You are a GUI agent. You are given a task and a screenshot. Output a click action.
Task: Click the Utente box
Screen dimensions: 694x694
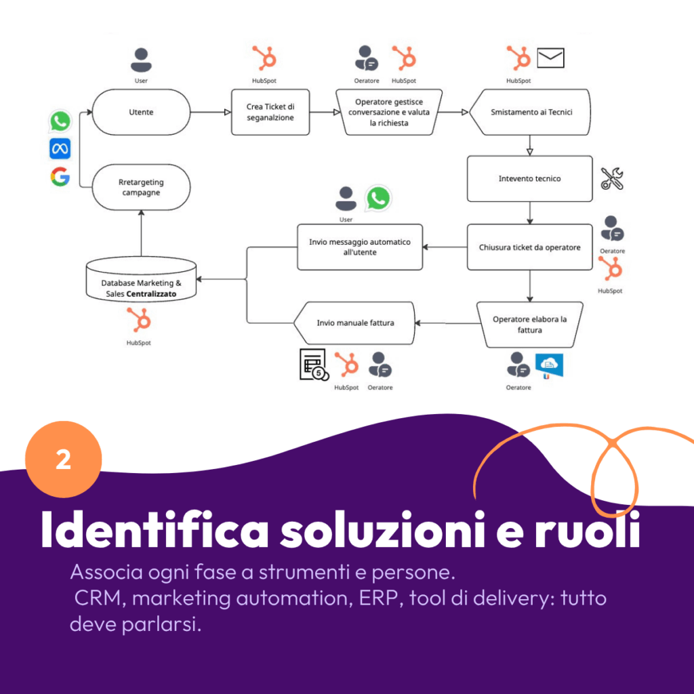[x=141, y=112]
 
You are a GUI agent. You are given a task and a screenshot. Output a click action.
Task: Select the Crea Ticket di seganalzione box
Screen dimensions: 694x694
[x=270, y=112]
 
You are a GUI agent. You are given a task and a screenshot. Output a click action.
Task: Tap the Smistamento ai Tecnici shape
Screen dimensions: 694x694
[x=531, y=112]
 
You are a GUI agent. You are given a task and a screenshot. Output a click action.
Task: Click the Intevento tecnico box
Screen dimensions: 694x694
[x=529, y=179]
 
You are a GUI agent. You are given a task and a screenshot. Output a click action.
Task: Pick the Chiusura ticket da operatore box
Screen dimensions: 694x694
[x=529, y=247]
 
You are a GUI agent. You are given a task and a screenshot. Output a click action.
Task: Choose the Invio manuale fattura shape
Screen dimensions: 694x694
[x=354, y=323]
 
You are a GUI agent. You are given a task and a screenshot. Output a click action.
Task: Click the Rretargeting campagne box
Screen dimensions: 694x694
[x=141, y=187]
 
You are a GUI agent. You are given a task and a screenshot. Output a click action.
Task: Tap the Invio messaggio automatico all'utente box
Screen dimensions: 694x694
[x=360, y=247]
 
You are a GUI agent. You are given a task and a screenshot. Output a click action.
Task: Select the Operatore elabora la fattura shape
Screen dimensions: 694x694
[x=529, y=324]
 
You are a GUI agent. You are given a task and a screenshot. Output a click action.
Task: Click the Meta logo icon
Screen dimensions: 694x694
[x=60, y=149]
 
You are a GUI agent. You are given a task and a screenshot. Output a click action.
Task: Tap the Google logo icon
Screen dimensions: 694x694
[x=60, y=177]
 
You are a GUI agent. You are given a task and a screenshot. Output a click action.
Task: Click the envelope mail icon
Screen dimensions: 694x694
[x=550, y=58]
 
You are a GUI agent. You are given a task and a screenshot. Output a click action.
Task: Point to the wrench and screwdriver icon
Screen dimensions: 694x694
[x=612, y=178]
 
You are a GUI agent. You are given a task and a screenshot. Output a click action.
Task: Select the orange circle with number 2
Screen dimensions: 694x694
[x=63, y=460]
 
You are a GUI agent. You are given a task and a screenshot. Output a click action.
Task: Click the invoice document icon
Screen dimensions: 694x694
[x=313, y=364]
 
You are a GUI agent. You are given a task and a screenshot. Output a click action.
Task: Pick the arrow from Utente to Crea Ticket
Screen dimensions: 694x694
[x=211, y=113]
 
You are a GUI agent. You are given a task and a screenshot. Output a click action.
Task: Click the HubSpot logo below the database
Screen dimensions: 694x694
[x=139, y=319]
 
